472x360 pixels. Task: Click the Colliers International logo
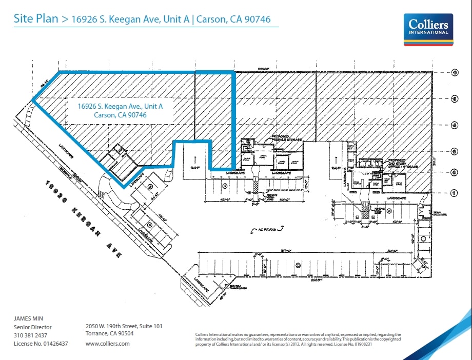click(428, 30)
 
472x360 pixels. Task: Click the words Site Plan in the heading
click(35, 19)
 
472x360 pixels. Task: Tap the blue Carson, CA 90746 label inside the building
click(120, 115)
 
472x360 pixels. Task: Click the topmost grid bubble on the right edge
click(455, 73)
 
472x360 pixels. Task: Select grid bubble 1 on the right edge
click(455, 193)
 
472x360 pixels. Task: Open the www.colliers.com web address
click(108, 344)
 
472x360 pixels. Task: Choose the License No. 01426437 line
click(41, 344)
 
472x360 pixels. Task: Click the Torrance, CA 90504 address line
click(109, 333)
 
